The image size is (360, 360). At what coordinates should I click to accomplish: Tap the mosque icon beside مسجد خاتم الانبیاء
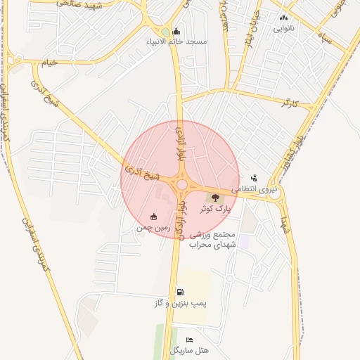[x=175, y=31]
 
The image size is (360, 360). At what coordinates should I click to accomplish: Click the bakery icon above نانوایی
[x=283, y=18]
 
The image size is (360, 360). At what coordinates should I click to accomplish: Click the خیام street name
[x=49, y=63]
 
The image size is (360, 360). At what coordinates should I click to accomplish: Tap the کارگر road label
[x=289, y=104]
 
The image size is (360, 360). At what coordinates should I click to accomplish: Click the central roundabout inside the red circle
[x=181, y=184]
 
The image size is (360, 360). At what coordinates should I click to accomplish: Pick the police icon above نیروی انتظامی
[x=254, y=179]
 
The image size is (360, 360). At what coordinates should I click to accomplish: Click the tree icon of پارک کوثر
[x=215, y=198]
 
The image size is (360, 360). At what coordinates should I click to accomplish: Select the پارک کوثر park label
[x=214, y=210]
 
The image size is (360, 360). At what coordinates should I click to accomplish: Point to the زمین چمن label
[x=154, y=228]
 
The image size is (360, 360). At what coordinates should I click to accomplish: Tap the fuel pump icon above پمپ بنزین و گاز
[x=181, y=292]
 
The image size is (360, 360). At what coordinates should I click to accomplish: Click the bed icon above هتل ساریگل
[x=188, y=340]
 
